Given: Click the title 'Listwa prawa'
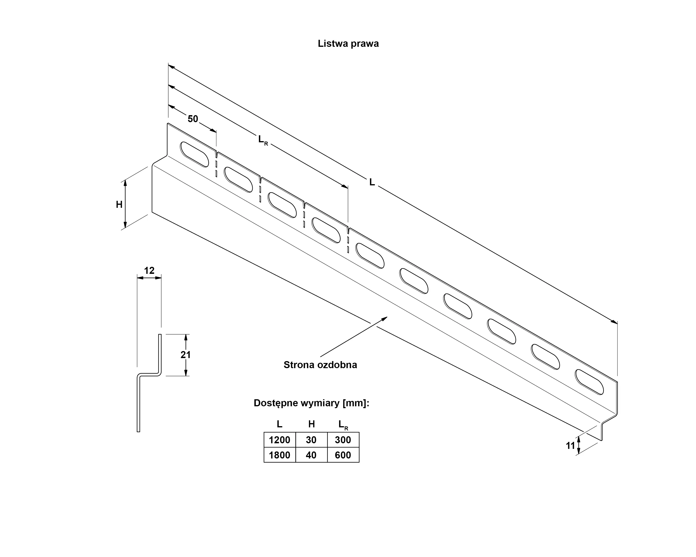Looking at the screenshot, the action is point(348,44).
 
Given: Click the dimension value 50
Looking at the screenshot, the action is point(193,119).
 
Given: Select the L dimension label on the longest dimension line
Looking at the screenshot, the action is point(372,183).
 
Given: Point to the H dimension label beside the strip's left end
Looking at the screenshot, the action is point(119,205).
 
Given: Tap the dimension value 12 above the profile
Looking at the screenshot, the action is point(149,271).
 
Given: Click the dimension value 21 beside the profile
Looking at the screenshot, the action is point(186,355).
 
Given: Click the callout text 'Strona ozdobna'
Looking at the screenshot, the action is point(320,365).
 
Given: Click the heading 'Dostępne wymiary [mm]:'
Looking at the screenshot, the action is point(311,403).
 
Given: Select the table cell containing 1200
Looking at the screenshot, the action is point(280,440).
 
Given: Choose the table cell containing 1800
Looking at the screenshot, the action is point(280,455).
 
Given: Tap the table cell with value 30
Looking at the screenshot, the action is point(311,440).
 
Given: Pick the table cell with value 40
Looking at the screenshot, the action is point(311,455).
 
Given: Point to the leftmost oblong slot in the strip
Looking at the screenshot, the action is point(194,154).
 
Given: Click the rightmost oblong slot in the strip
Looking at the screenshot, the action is point(589,382).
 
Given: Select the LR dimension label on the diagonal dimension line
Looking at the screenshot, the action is point(263,140).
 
